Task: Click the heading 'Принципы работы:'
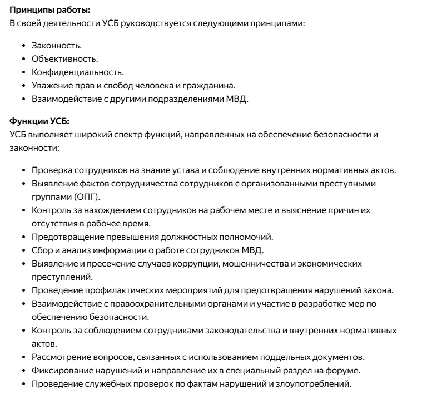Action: pyautogui.click(x=42, y=11)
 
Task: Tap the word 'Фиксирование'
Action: pyautogui.click(x=59, y=371)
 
